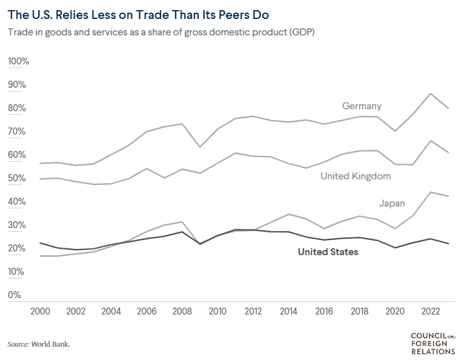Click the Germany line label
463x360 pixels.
[x=361, y=106]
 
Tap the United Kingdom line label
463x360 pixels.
[x=356, y=176]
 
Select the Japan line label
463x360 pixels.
[x=392, y=203]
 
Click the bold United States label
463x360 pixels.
[x=328, y=252]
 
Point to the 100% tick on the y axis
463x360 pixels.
[x=18, y=61]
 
